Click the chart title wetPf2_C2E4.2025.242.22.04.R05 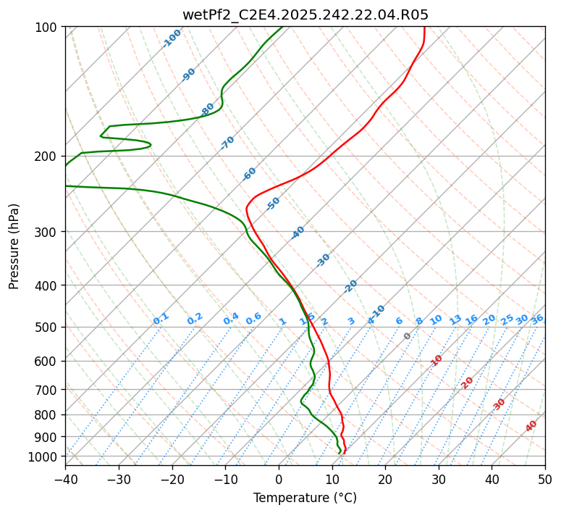coord(305,14)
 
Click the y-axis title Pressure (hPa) coord(14,246)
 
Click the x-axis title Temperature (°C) coord(305,498)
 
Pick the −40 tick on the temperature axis coord(65,479)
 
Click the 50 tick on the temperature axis coord(545,479)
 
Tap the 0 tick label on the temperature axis coord(279,479)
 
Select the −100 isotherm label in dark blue coord(172,38)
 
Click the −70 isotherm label coord(227,143)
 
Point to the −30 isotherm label coord(323,260)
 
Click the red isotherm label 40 coord(531,426)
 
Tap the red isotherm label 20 coord(468,383)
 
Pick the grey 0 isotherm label coord(408,336)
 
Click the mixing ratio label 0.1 coord(161,318)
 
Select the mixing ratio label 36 coord(537,319)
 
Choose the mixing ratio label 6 coord(399,321)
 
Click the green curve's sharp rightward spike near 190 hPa coord(150,145)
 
